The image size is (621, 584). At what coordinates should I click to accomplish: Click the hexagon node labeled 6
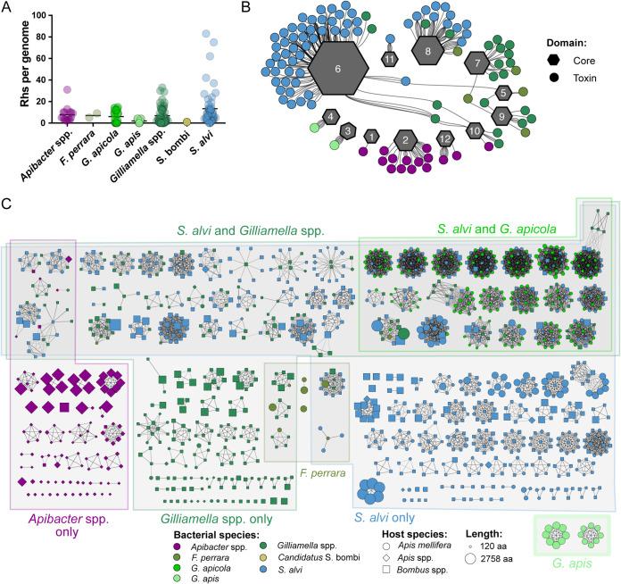click(336, 68)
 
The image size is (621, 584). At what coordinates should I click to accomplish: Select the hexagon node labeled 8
click(428, 52)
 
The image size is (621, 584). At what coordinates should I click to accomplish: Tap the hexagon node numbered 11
click(390, 59)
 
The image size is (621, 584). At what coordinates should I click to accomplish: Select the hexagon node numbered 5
click(503, 93)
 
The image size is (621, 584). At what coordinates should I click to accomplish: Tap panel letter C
click(7, 204)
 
